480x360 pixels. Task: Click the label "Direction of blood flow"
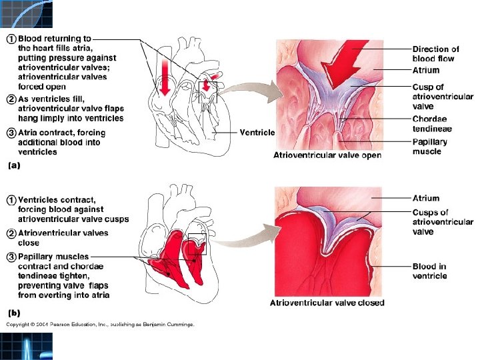point(435,53)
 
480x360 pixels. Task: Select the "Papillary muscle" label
point(430,147)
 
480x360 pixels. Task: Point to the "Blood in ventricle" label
point(429,271)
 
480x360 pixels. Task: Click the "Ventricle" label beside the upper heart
point(257,132)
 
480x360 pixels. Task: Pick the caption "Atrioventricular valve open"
point(327,155)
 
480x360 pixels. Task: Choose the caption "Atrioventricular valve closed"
point(327,303)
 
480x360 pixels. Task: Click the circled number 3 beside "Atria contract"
point(11,133)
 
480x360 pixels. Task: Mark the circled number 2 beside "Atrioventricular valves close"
point(11,233)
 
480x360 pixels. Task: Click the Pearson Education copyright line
point(100,325)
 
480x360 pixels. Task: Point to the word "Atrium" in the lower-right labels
point(426,198)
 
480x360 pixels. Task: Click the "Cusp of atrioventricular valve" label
point(442,97)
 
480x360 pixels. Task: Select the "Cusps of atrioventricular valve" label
point(442,222)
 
